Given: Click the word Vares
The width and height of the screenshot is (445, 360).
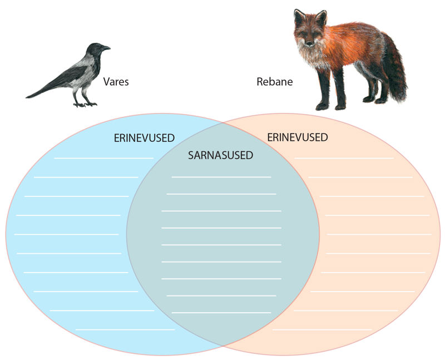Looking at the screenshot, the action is point(116,82).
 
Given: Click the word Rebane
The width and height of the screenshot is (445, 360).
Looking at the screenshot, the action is point(274,82).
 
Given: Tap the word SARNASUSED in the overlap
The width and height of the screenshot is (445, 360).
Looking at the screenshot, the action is point(220,155).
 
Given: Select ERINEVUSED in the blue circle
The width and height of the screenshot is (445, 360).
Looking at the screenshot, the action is point(144,138).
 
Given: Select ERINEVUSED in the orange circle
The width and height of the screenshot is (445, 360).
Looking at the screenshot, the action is point(298,137).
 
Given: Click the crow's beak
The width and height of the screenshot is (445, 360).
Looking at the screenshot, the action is point(106,48).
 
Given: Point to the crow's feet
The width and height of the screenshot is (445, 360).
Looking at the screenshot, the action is point(85,105).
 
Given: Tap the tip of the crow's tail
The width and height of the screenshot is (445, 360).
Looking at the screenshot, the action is point(26,98).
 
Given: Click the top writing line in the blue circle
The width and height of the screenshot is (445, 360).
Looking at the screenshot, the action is point(104,158).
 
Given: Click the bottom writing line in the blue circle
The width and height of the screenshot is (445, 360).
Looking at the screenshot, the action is point(125,329).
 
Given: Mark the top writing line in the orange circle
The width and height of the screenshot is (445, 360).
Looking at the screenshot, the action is point(344,158).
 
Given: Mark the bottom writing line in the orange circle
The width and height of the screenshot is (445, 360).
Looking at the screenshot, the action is point(322,329).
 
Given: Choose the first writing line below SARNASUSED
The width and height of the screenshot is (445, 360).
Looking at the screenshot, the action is point(221,177).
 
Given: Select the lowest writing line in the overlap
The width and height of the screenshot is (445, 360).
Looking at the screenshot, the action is point(221,313).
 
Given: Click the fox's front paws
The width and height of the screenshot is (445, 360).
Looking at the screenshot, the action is point(330,107).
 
